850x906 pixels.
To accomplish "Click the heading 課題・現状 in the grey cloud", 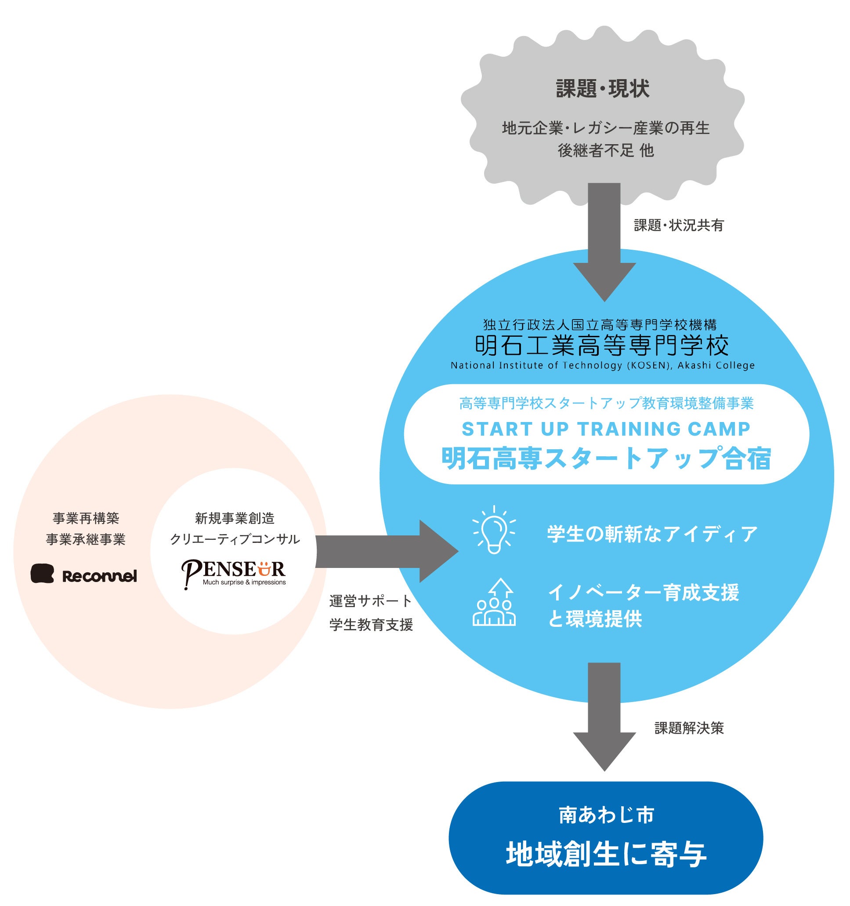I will pyautogui.click(x=602, y=88).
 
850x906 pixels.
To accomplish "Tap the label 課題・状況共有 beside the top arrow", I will pyautogui.click(x=679, y=225).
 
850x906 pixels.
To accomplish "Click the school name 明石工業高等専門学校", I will pyautogui.click(x=602, y=345).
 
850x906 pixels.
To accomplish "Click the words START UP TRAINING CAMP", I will pyautogui.click(x=606, y=429).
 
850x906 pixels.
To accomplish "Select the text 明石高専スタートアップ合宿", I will pyautogui.click(x=606, y=458).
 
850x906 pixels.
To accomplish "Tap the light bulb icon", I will pyautogui.click(x=494, y=530).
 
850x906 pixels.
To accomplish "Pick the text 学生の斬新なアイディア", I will pyautogui.click(x=652, y=534).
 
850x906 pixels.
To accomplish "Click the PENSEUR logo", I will pyautogui.click(x=233, y=574).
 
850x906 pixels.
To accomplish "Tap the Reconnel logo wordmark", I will pyautogui.click(x=99, y=576).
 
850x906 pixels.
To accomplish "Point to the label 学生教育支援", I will pyautogui.click(x=371, y=624).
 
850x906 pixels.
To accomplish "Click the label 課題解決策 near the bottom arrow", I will pyautogui.click(x=689, y=728).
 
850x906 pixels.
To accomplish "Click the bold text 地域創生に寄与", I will pyautogui.click(x=606, y=855).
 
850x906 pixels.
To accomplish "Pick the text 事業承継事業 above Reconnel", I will pyautogui.click(x=86, y=539).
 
